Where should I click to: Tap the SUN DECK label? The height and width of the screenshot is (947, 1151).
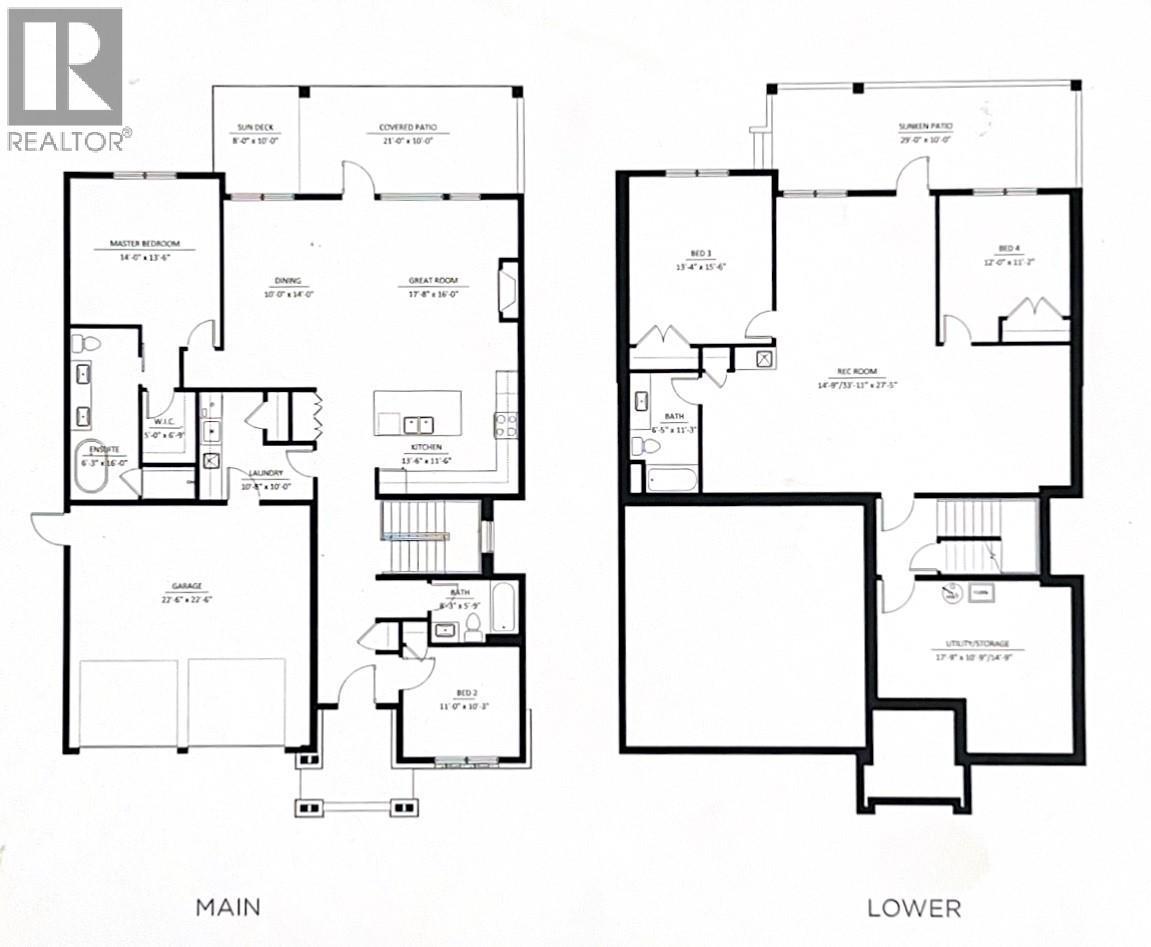tap(255, 128)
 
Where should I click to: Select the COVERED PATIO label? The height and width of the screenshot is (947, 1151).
tap(407, 128)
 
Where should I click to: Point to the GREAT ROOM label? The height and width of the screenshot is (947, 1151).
tap(432, 282)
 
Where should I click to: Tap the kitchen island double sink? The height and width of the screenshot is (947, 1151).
tap(418, 422)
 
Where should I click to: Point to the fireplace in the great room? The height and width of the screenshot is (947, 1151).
tap(509, 290)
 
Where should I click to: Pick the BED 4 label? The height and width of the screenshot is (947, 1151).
tap(1007, 248)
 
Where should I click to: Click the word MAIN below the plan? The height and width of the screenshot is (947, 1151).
tap(228, 907)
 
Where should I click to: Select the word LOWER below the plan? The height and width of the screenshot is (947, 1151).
tap(914, 908)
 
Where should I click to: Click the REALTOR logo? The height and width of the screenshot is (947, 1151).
tap(66, 78)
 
